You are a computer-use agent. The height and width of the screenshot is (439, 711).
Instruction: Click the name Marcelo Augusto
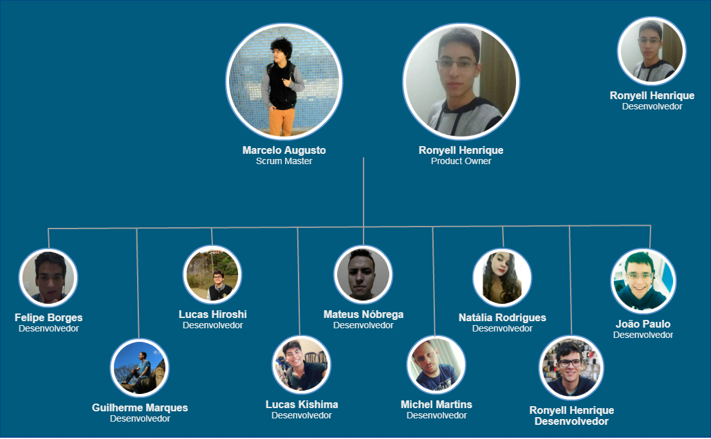(x=284, y=150)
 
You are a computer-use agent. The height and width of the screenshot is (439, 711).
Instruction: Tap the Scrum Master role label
(x=284, y=161)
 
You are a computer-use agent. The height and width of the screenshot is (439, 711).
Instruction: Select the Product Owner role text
(x=461, y=161)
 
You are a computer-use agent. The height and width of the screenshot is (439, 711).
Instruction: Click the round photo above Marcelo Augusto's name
(x=284, y=81)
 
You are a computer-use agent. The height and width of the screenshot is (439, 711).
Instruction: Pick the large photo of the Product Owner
(x=461, y=81)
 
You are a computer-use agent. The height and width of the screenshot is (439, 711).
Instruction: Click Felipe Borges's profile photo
(x=48, y=278)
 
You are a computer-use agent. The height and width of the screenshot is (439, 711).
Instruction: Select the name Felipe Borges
(x=48, y=317)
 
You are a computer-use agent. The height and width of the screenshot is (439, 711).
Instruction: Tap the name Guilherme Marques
(x=140, y=407)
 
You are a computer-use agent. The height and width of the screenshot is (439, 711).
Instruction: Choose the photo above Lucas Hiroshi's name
(x=212, y=275)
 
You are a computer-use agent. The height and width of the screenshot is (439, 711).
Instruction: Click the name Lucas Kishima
(x=301, y=404)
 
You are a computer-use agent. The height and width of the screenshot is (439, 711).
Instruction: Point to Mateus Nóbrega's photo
(x=363, y=275)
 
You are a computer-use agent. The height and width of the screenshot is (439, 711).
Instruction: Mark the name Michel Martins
(x=436, y=404)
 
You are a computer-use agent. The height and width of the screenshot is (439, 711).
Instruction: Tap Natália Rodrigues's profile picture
(x=502, y=278)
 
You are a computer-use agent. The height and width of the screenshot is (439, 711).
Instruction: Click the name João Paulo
(x=643, y=324)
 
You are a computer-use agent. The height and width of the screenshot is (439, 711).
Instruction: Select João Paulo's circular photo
(x=643, y=281)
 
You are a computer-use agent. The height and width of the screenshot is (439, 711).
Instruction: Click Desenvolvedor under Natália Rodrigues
(x=502, y=328)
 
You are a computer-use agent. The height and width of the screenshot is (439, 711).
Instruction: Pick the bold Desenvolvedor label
(x=571, y=421)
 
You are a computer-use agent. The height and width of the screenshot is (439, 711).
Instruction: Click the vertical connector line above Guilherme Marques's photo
(x=137, y=283)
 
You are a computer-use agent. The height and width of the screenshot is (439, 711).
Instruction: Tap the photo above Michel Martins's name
(x=436, y=365)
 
